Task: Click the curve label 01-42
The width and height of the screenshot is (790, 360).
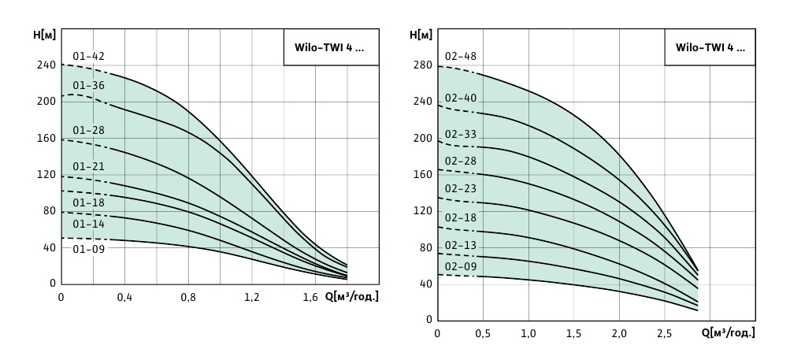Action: [88, 56]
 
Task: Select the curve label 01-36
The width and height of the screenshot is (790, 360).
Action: [88, 86]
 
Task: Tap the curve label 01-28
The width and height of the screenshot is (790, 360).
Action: [88, 130]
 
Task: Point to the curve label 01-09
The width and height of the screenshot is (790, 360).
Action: [88, 248]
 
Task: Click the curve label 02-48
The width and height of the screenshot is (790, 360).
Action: [461, 57]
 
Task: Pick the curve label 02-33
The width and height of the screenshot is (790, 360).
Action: [461, 134]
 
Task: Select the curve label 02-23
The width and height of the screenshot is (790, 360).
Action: [461, 188]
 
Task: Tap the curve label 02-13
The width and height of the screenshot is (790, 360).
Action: [461, 245]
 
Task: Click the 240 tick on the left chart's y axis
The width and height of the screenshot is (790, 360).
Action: [47, 65]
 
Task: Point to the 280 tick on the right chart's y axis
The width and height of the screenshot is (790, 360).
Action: [423, 66]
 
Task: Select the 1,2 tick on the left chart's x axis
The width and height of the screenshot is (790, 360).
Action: [252, 298]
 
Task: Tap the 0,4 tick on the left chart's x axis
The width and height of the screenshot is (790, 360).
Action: [124, 298]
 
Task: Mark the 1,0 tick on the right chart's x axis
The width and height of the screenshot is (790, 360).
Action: [529, 334]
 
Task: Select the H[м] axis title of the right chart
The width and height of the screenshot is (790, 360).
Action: [421, 35]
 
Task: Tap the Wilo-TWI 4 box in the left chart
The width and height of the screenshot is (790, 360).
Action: [330, 47]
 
